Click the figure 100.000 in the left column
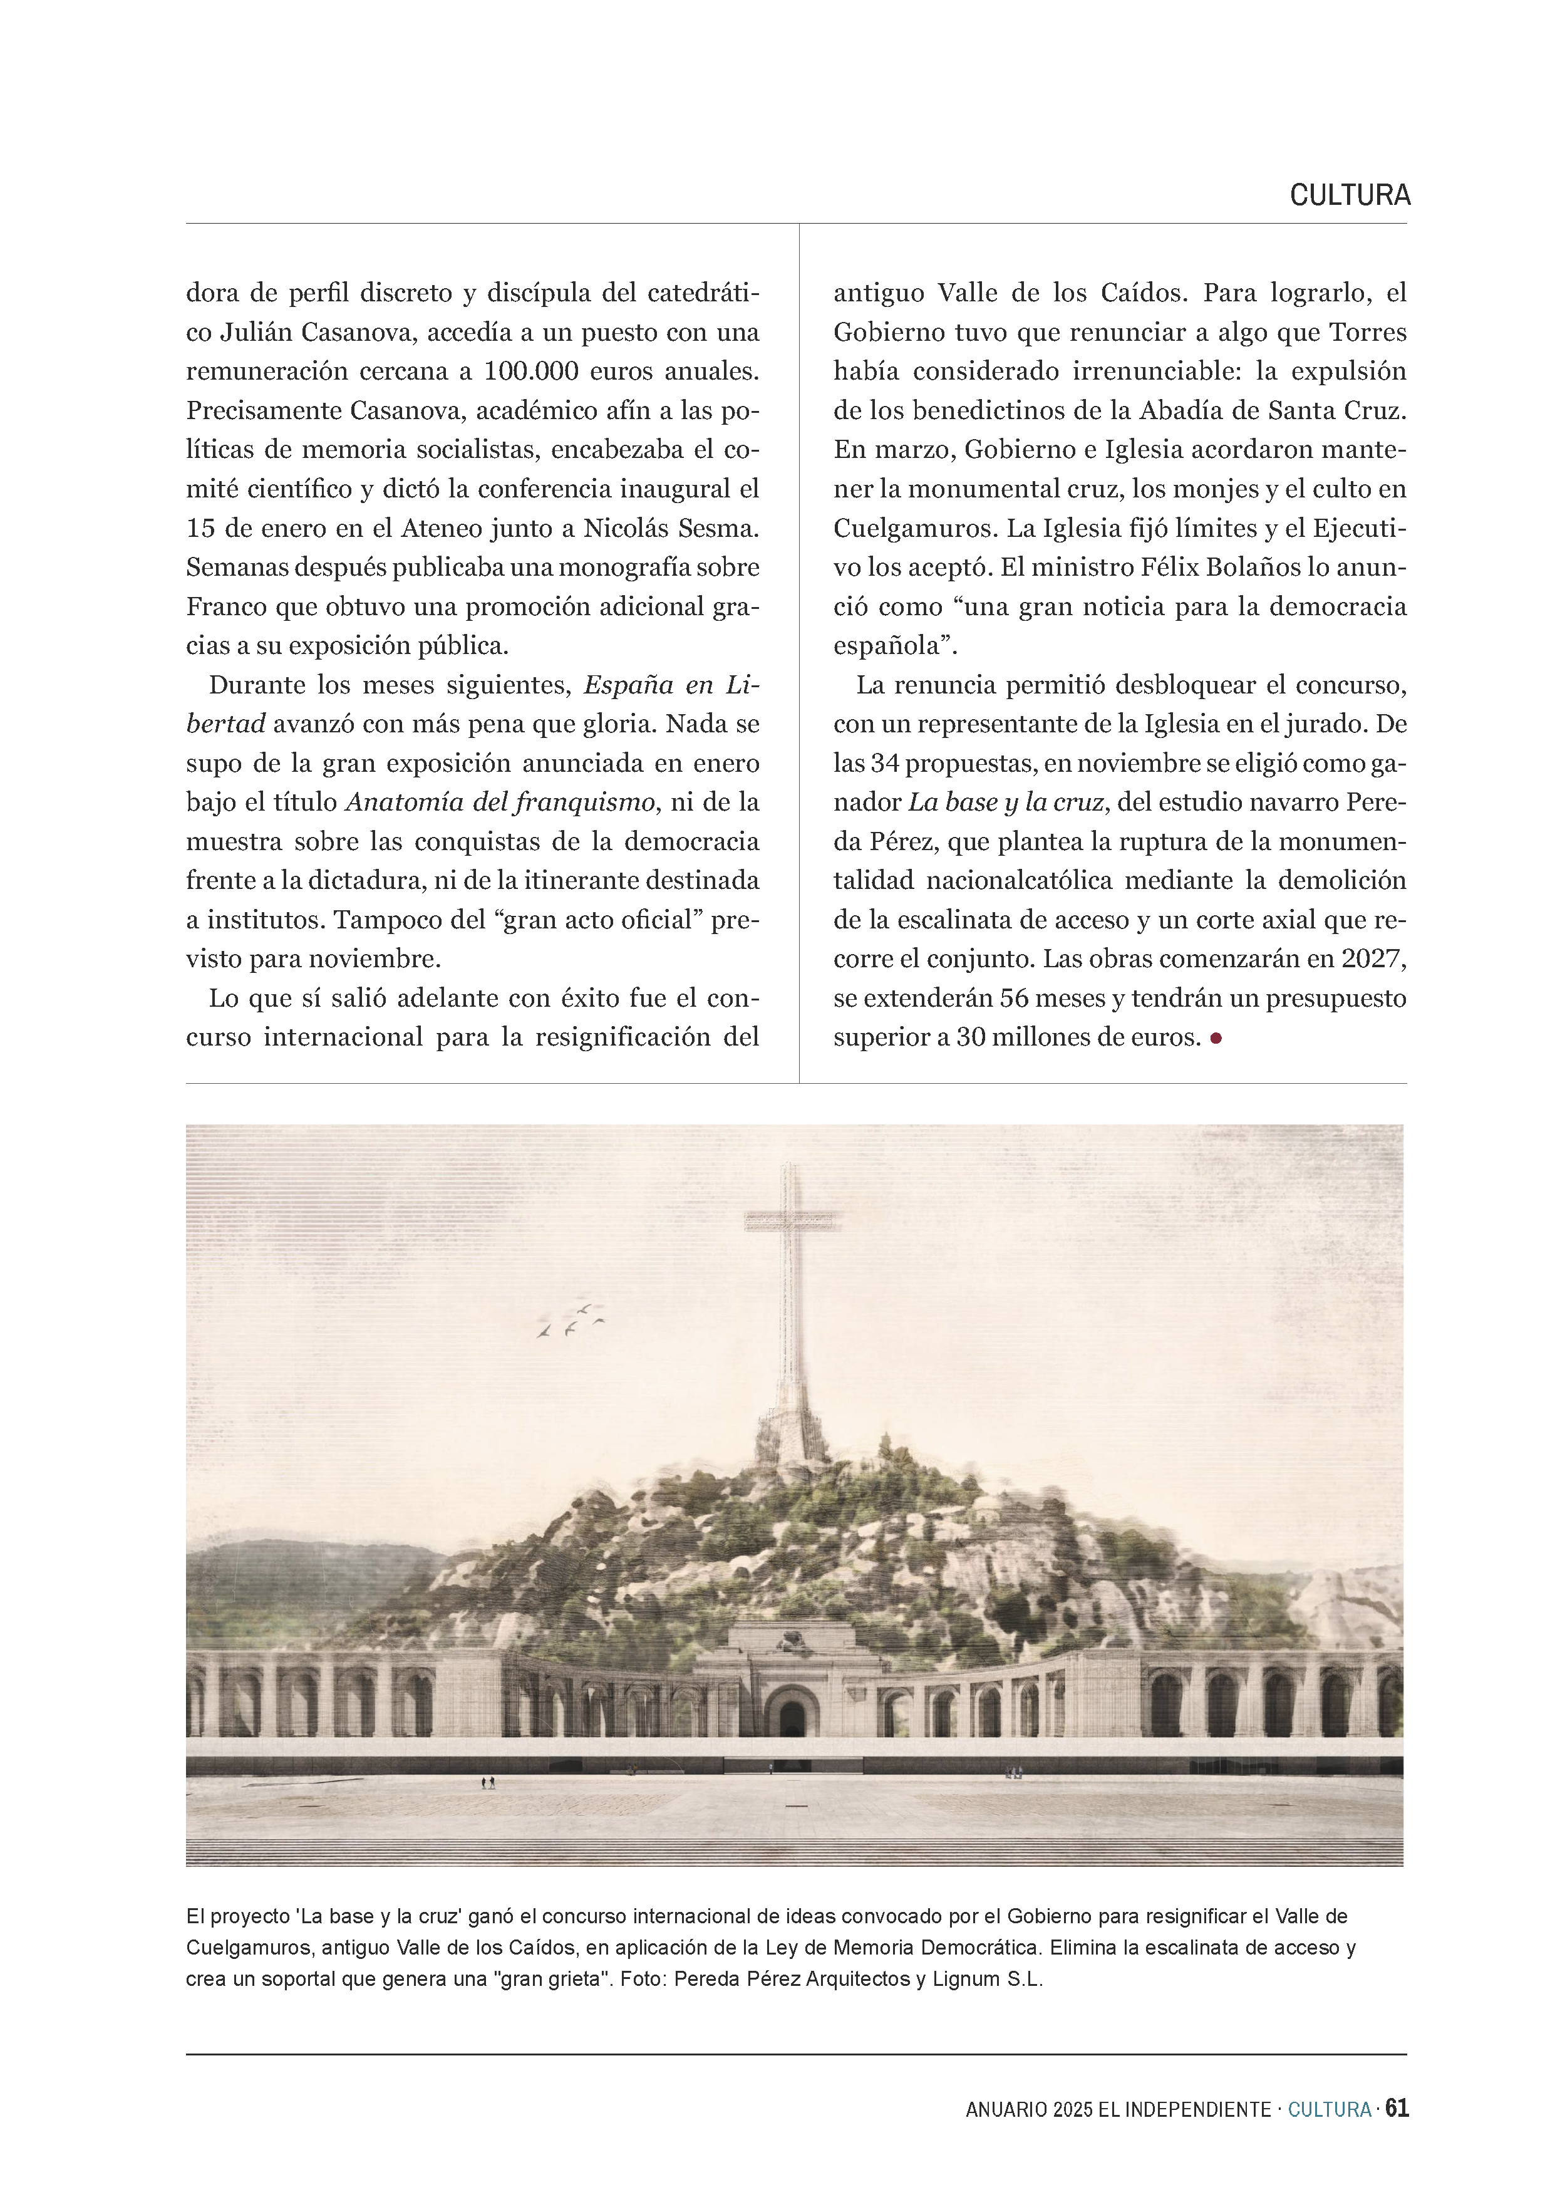click(x=532, y=371)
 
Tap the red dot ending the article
click(x=1216, y=1037)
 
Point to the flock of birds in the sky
click(x=572, y=1320)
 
